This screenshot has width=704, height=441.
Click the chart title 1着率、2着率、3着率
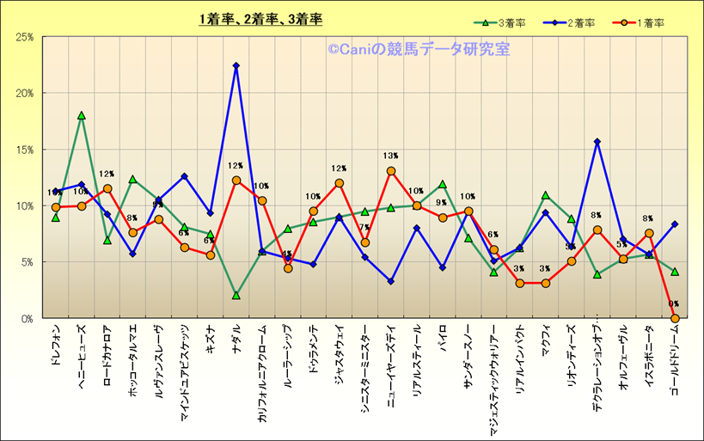(260, 19)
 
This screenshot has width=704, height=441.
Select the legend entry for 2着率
(574, 23)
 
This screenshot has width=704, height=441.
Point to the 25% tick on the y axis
(25, 37)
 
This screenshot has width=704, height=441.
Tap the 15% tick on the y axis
(25, 150)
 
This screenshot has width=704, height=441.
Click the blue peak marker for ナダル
(236, 65)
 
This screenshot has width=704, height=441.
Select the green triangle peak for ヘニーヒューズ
(82, 115)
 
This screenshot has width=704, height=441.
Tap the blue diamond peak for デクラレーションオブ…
(597, 141)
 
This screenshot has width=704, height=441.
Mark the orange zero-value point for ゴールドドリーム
(675, 318)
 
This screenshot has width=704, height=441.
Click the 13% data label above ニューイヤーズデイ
(391, 156)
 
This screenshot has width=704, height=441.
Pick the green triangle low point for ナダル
(236, 295)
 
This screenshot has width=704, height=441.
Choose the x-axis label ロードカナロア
(107, 355)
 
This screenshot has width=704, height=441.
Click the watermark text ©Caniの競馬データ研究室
(418, 50)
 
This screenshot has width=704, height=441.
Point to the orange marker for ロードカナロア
(107, 188)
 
